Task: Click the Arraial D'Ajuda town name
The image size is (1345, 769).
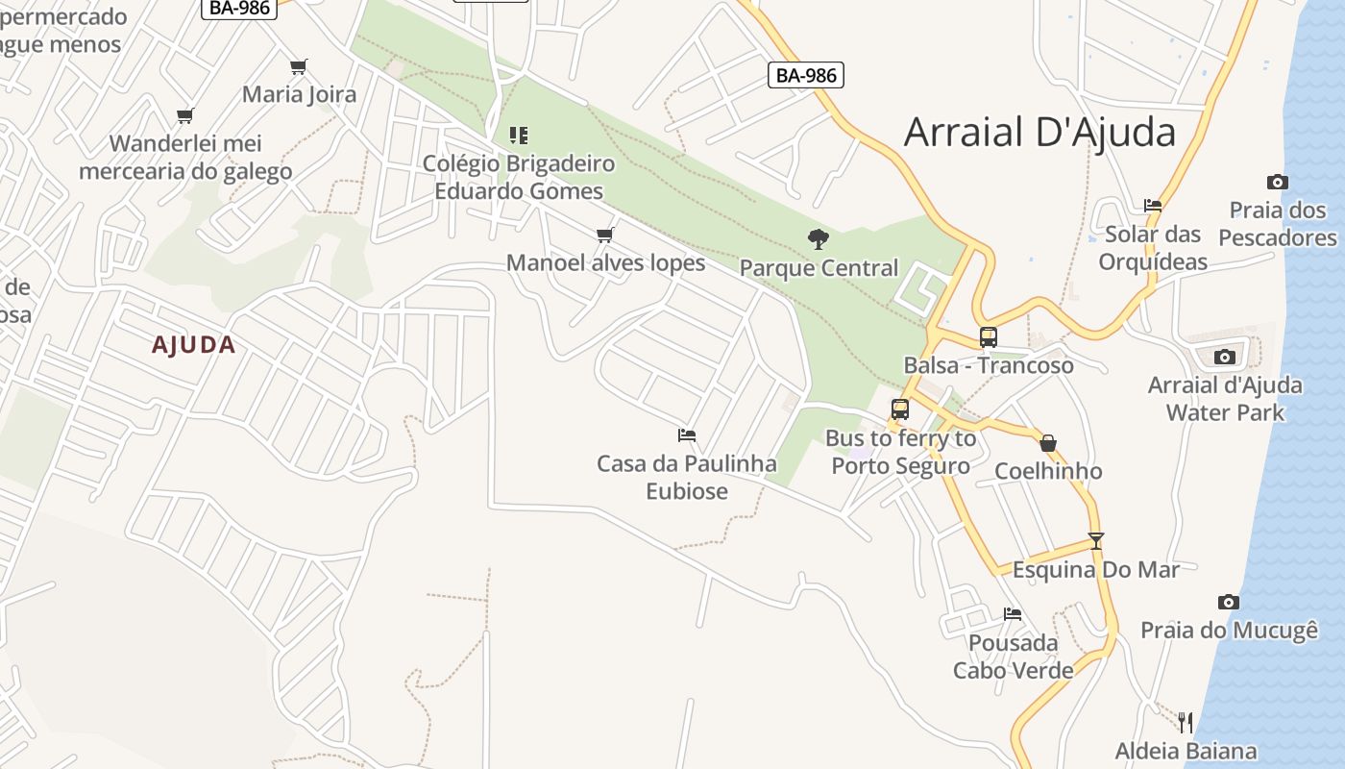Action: coord(1039,132)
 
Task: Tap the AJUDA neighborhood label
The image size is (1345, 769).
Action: coord(193,345)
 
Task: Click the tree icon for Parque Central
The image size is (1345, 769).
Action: coord(818,238)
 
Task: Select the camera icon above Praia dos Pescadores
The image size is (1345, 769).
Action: coord(1277,182)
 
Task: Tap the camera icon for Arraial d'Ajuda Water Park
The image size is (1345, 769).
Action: coord(1224,357)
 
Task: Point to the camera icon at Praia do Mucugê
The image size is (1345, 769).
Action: coord(1228,602)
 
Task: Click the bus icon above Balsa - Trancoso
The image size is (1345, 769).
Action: coord(988,337)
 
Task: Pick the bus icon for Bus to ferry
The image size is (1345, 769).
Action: coord(899,409)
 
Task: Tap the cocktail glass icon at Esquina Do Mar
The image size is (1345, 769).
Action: coord(1095,540)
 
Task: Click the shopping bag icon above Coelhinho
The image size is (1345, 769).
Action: coord(1048,443)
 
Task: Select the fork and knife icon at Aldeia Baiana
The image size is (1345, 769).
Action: coord(1186,722)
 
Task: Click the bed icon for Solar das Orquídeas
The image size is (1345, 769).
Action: coord(1153,205)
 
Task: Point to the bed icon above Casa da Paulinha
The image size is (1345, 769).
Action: coord(686,435)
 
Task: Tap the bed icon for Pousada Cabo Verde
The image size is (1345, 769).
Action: coord(1012,613)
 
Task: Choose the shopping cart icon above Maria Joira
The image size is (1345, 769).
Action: coord(299,66)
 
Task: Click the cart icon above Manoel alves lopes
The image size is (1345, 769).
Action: coord(604,235)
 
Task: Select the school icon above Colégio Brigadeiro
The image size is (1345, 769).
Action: coord(519,135)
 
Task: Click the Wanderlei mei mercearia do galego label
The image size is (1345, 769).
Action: coord(185,158)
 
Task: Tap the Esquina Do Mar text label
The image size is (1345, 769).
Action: coord(1095,569)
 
